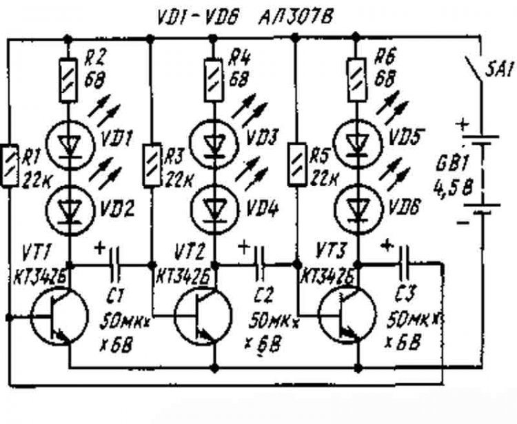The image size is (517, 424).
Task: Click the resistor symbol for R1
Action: click(10, 165)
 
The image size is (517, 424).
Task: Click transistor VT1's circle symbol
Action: click(58, 318)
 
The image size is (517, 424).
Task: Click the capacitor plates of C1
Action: click(114, 264)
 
